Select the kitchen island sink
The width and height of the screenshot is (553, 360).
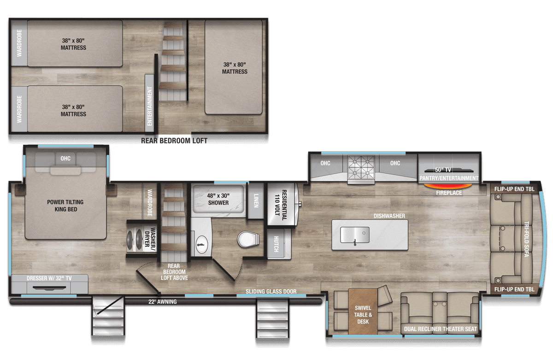point(354,234)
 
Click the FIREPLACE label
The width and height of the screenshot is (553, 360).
point(448,193)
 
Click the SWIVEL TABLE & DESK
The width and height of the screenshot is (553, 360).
point(363,314)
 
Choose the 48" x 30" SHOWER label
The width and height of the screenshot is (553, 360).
point(218,199)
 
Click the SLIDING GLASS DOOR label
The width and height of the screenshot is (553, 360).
point(271,291)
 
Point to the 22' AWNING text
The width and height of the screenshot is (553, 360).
point(162,302)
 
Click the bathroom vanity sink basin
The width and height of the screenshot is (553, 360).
point(201,243)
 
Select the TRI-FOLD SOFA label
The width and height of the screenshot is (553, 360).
point(526,239)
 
